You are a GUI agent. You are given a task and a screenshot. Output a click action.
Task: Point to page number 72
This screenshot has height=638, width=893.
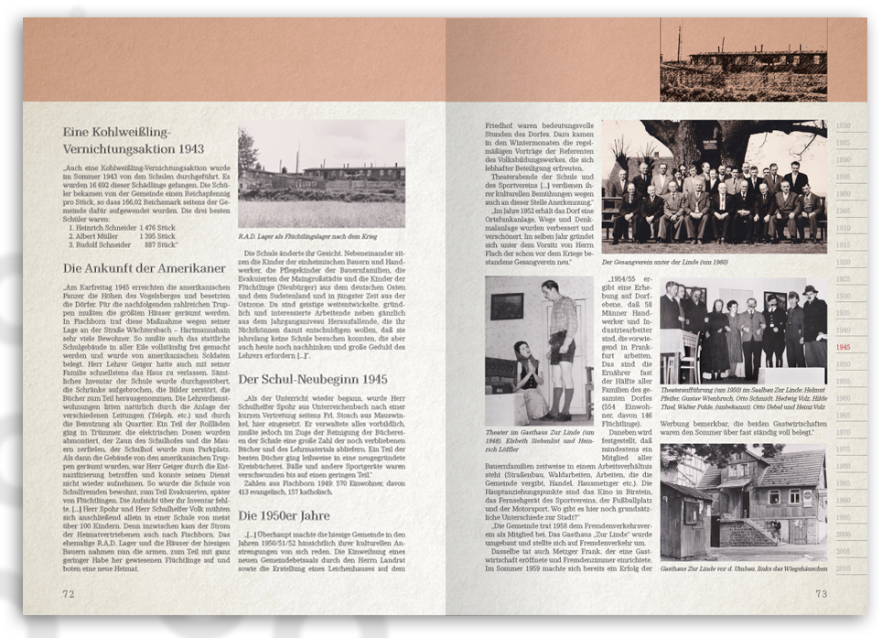click(68, 593)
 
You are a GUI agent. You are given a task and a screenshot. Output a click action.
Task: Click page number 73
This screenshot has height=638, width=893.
click(821, 594)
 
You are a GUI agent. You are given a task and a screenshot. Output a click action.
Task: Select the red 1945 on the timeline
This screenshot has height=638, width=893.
click(843, 348)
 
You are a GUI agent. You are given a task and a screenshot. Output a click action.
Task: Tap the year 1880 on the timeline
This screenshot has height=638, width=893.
click(843, 125)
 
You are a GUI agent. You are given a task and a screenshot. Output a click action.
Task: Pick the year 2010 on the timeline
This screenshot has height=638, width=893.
click(843, 568)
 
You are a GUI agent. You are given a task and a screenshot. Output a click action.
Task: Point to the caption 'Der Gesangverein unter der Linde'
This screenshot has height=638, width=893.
click(677, 261)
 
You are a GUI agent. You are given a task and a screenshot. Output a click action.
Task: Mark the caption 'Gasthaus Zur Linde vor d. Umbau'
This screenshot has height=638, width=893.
click(743, 569)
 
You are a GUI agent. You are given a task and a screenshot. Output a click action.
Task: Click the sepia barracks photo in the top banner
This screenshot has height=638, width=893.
click(743, 60)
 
